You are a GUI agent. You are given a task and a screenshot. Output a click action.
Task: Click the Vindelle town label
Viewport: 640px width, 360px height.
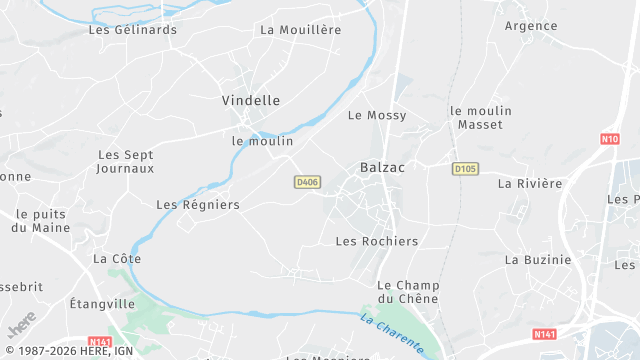pos(250,101)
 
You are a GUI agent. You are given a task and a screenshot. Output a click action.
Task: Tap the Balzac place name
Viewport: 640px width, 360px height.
pos(382,168)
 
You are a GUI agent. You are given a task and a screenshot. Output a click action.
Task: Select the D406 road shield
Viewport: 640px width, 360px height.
pos(307,181)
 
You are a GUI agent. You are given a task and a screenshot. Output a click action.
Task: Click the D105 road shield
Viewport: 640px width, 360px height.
pos(464,168)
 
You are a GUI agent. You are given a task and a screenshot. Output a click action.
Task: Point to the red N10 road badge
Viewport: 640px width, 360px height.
pos(609,139)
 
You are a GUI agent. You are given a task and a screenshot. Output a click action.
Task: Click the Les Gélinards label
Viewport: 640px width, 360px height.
pos(133,30)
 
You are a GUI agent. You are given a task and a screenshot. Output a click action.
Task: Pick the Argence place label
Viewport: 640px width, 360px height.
pos(530,26)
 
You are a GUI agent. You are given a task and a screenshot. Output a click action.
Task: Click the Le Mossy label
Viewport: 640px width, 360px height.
pos(377,116)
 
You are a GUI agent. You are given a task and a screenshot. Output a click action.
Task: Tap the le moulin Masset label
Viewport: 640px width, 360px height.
pos(480,118)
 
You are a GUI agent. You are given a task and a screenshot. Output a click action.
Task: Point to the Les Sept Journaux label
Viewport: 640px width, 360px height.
pos(126,162)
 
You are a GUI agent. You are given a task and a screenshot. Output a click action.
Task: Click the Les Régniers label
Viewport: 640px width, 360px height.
pos(198,205)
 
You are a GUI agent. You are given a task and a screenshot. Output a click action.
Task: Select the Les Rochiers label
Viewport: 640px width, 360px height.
pos(377,242)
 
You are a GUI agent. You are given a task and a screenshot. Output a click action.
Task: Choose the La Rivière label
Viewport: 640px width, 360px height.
pos(530,184)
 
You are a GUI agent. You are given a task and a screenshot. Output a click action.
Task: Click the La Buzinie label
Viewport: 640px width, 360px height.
pos(538,260)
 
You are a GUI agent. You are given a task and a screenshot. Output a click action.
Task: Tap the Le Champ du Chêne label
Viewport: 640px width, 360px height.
pos(410,293)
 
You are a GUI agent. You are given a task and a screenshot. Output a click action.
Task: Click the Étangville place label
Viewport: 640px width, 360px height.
pos(102,303)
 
